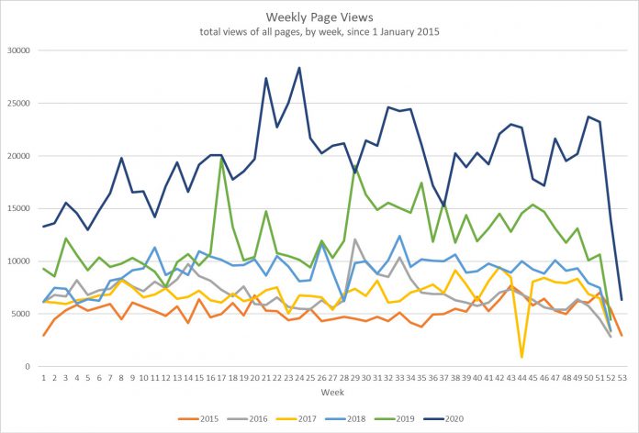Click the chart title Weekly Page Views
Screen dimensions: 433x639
319,17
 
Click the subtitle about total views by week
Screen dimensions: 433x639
319,33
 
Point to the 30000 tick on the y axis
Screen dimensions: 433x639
18,50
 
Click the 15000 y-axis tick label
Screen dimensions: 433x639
18,208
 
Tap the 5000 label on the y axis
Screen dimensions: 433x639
21,314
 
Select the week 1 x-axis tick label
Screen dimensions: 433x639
43,376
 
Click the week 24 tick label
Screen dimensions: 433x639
299,376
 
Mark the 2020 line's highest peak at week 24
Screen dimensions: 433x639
299,68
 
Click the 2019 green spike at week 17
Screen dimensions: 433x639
221,160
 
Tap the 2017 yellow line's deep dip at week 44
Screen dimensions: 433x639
521,357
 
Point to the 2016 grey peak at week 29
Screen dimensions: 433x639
354,239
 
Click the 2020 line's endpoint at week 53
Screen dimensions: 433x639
622,300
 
